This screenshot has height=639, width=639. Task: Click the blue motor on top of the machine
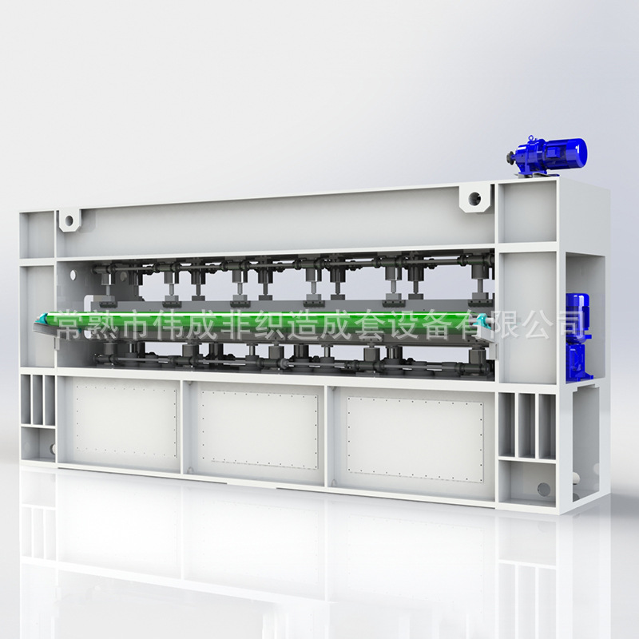(x=547, y=155)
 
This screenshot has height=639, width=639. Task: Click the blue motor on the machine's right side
(x=577, y=336)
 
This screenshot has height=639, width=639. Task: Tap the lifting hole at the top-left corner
(x=69, y=221)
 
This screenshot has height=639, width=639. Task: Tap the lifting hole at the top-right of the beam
(x=474, y=199)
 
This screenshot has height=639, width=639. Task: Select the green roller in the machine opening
(x=261, y=321)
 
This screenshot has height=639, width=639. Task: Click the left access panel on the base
(x=125, y=422)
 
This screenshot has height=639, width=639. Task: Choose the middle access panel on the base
(x=259, y=430)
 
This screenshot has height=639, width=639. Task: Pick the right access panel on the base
(x=415, y=439)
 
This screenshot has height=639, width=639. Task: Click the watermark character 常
(x=69, y=325)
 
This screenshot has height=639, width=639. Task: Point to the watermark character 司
(x=569, y=324)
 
